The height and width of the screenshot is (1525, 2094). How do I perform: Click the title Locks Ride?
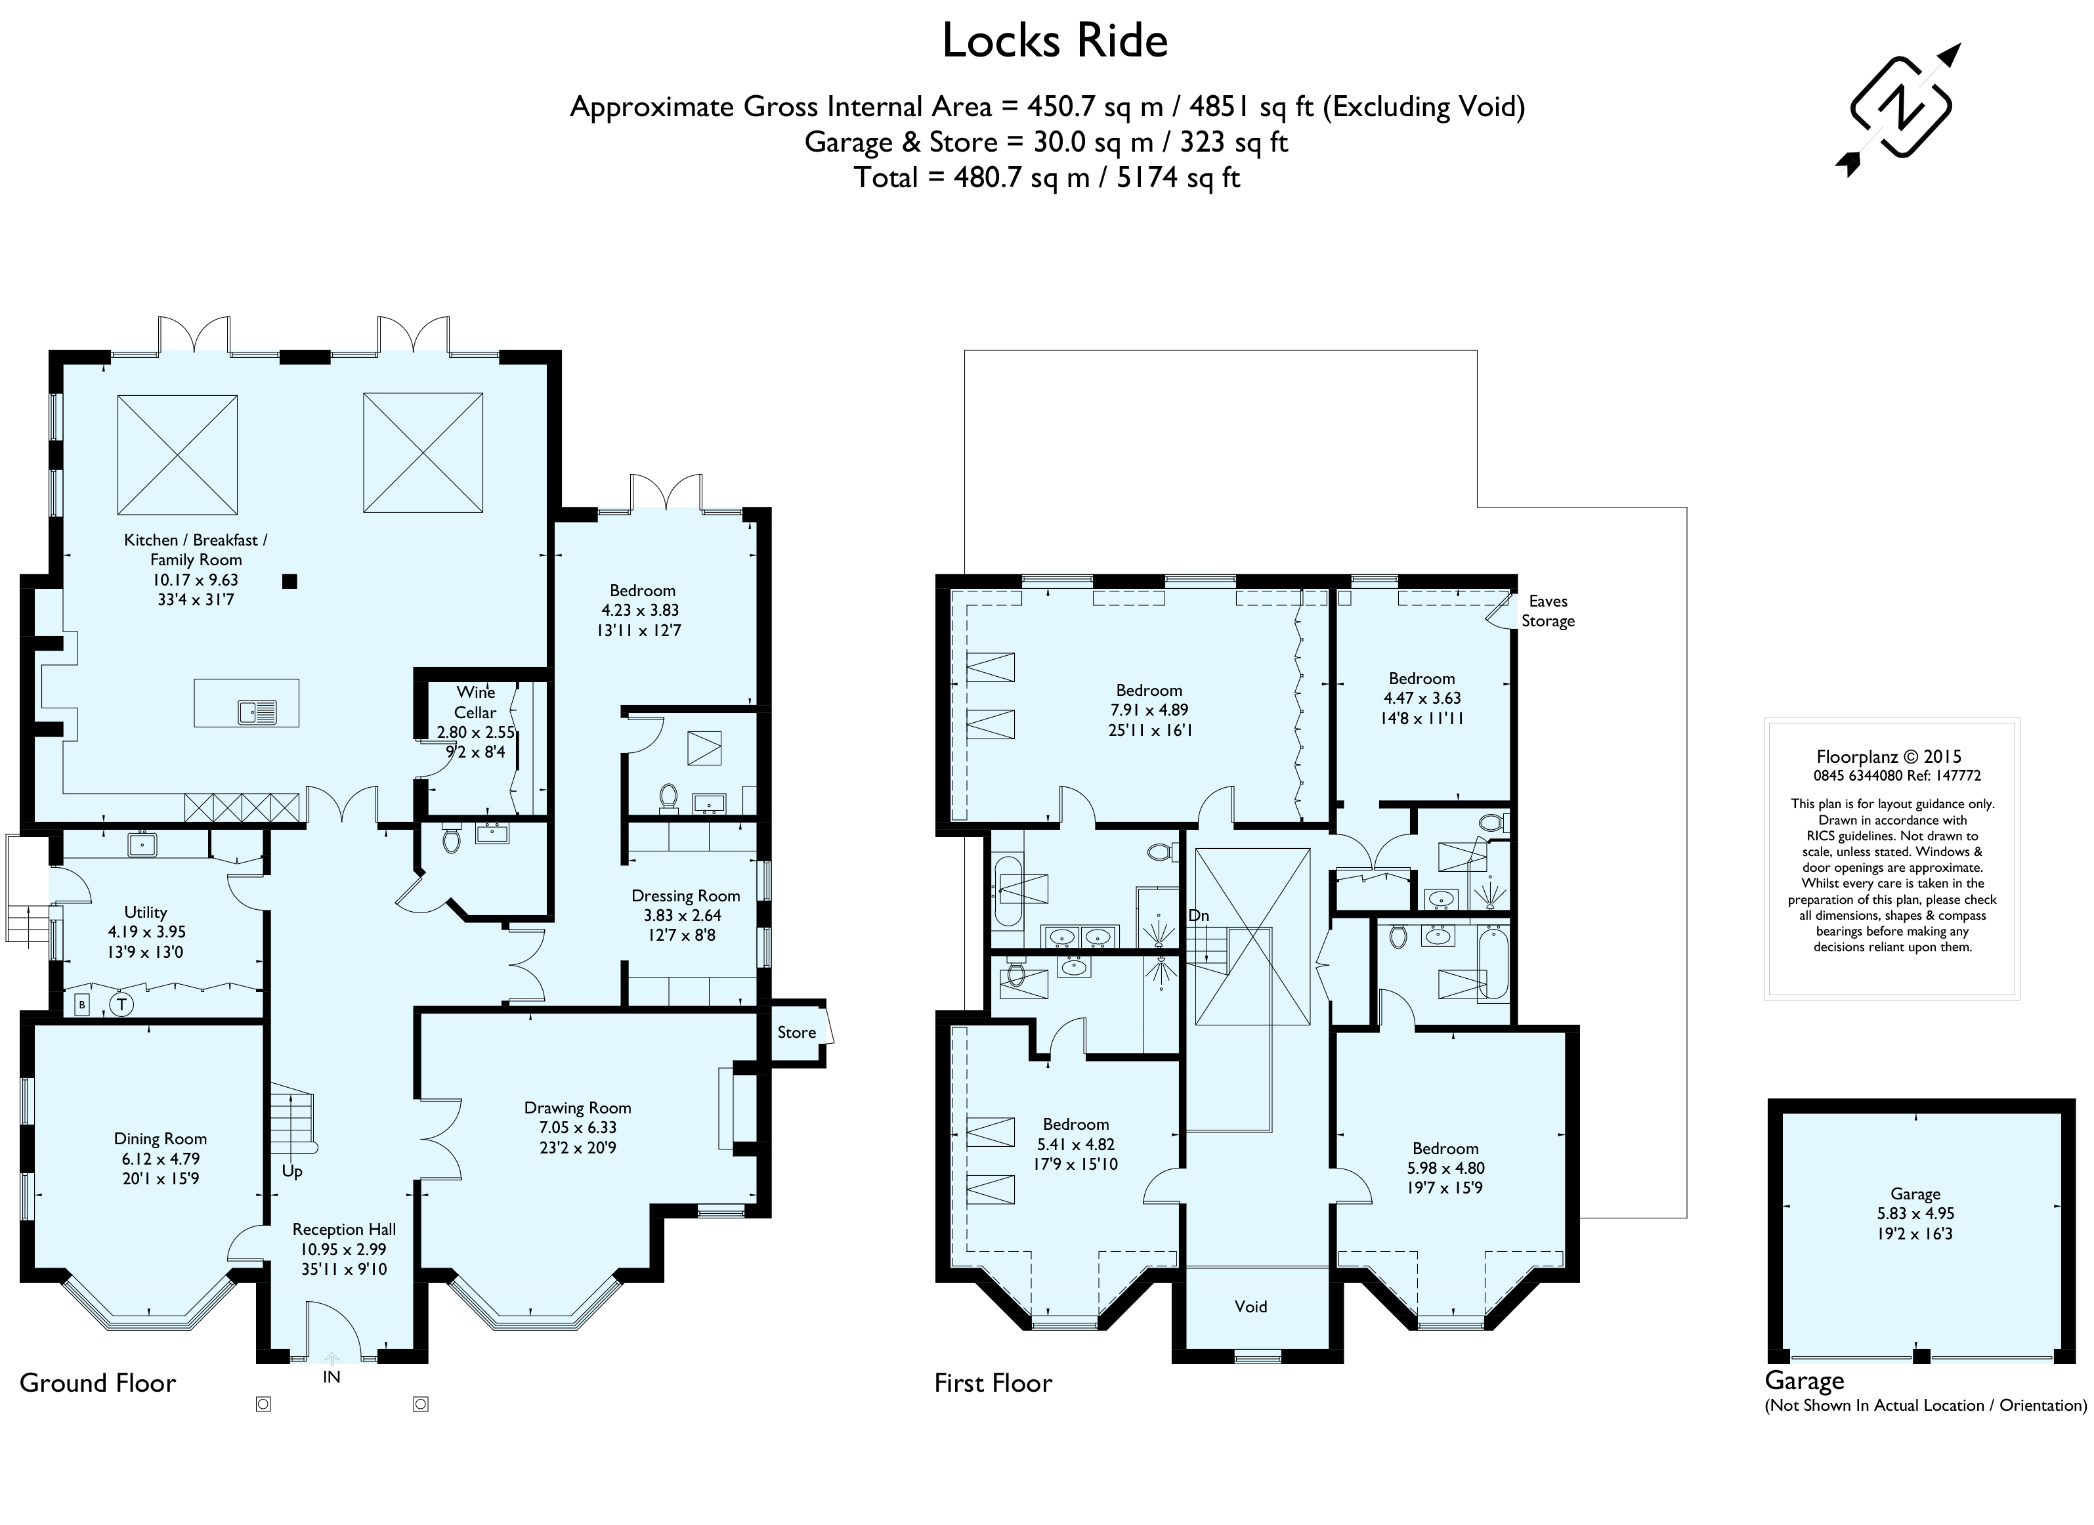coord(1056,41)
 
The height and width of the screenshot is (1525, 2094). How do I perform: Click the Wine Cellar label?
coord(475,702)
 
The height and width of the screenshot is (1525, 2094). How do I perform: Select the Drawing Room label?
coord(578,1107)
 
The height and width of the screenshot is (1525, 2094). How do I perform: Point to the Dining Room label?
coord(161,1139)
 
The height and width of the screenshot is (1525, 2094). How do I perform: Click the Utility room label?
coord(146,912)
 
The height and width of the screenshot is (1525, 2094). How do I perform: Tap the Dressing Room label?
coord(686,895)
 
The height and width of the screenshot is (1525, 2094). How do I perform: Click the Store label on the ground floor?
coord(797,1032)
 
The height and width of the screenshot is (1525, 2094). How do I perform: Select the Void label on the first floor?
coord(1251,1306)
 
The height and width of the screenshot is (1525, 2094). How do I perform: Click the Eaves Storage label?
coord(1549,611)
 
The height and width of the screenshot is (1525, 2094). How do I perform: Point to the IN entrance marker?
coord(331,1377)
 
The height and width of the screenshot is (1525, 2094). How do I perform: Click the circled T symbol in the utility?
coord(121,1004)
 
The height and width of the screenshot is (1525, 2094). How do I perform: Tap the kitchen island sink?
coord(257,712)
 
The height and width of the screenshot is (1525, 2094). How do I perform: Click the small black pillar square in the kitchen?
coord(290,580)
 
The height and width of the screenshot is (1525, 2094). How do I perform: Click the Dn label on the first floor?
coord(1199,916)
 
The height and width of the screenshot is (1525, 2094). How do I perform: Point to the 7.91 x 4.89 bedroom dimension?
coord(1149,710)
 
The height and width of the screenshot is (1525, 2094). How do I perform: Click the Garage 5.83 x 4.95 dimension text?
coord(1916,1214)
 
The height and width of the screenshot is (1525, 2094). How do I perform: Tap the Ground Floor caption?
coord(98,1383)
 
